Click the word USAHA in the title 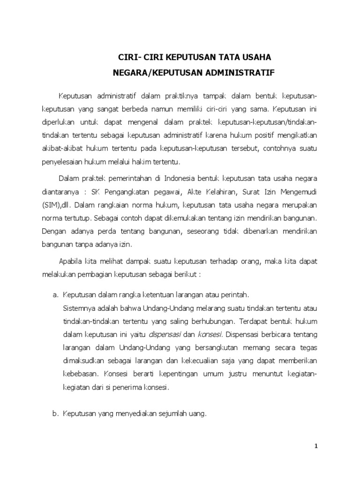(254, 58)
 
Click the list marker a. (55, 295)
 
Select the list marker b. (55, 414)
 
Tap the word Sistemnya (77, 308)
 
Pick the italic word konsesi (211, 335)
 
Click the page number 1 (316, 446)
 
